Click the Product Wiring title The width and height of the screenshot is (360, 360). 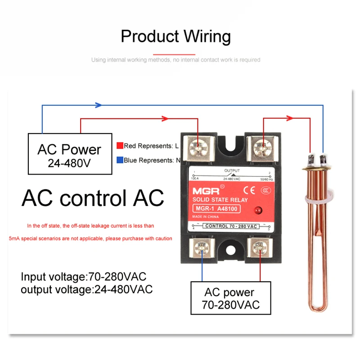pyautogui.click(x=175, y=36)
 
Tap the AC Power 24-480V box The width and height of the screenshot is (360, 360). pyautogui.click(x=69, y=154)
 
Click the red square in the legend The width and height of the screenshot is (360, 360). pyautogui.click(x=120, y=146)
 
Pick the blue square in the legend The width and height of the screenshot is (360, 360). pyautogui.click(x=120, y=160)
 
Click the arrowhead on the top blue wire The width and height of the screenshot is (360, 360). pyautogui.click(x=98, y=105)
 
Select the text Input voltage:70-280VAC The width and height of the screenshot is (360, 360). pyautogui.click(x=83, y=276)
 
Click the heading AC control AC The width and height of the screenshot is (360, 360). pyautogui.click(x=93, y=198)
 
